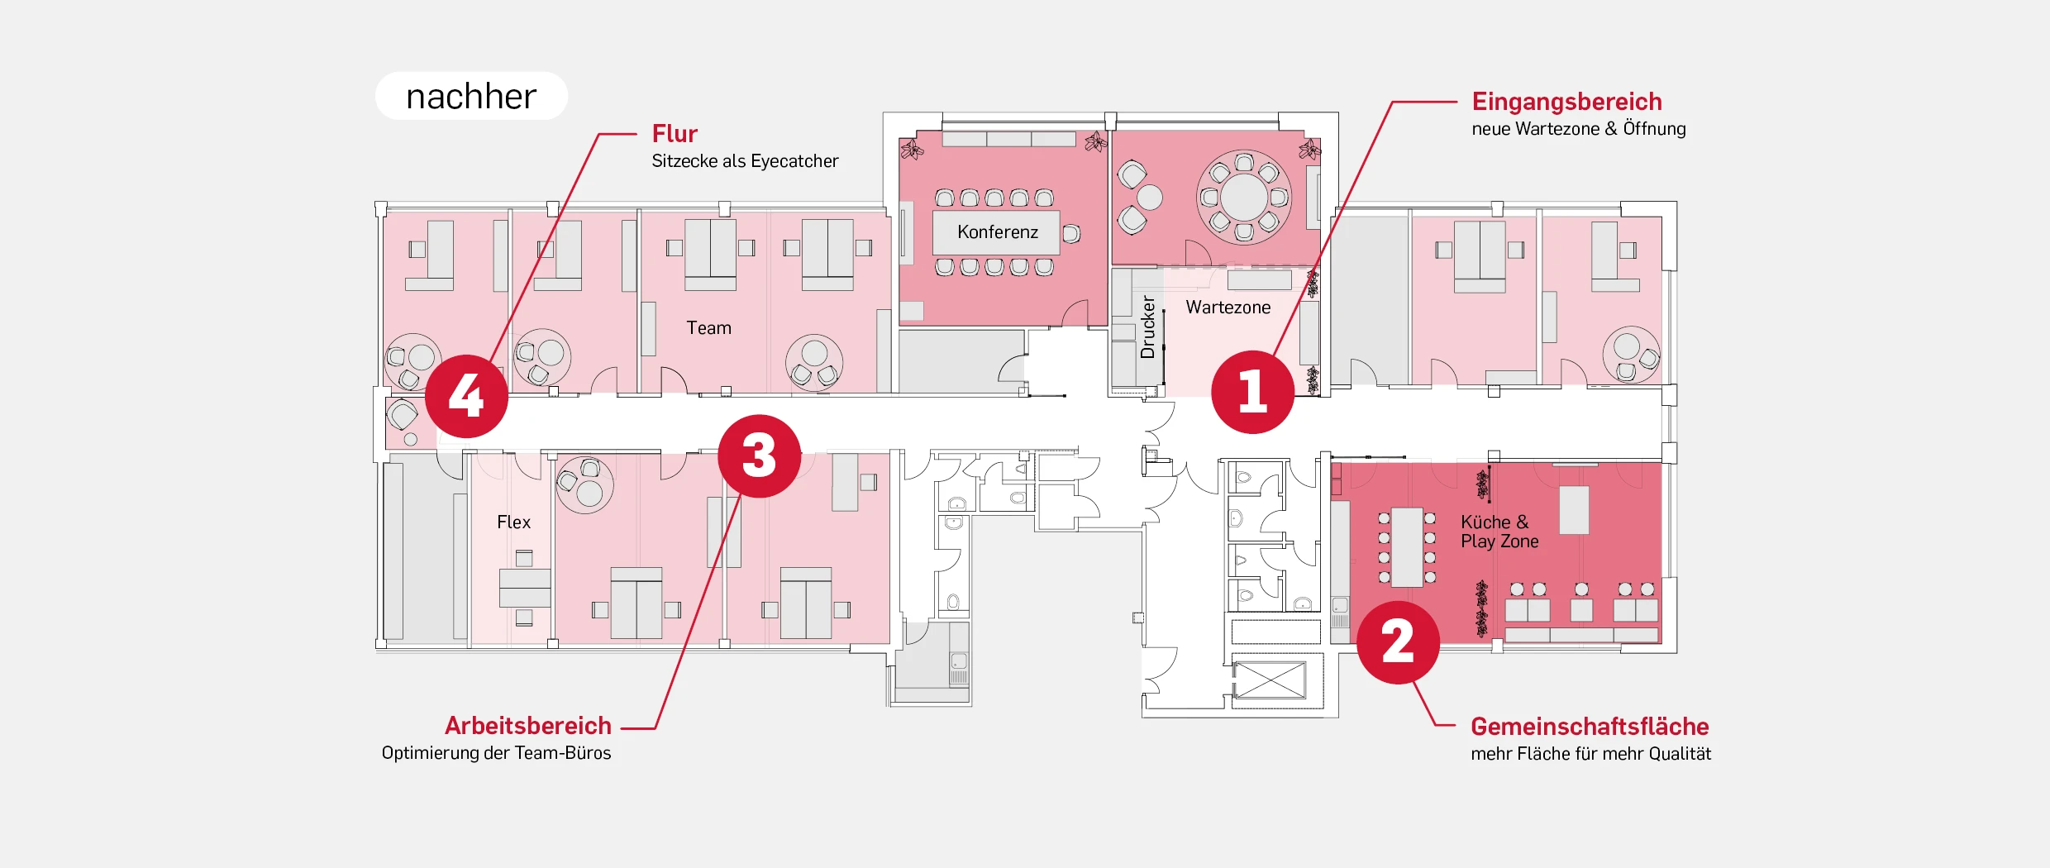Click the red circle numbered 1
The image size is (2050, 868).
pyautogui.click(x=1252, y=392)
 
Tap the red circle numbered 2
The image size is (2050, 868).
pyautogui.click(x=1398, y=642)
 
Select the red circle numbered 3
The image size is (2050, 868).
pyautogui.click(x=759, y=456)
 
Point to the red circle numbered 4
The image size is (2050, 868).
pyautogui.click(x=466, y=396)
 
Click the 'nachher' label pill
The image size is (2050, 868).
pyautogui.click(x=471, y=96)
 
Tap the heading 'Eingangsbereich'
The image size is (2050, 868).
pyautogui.click(x=1566, y=102)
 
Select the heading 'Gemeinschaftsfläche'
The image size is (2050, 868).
pyautogui.click(x=1589, y=727)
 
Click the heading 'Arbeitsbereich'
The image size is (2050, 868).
pyautogui.click(x=528, y=726)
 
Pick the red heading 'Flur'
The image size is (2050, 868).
pyautogui.click(x=675, y=134)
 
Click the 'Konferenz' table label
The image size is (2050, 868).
pyautogui.click(x=997, y=232)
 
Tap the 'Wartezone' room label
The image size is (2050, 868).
pyautogui.click(x=1228, y=308)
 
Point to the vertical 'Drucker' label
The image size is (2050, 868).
pyautogui.click(x=1147, y=327)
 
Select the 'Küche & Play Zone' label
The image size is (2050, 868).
pyautogui.click(x=1499, y=532)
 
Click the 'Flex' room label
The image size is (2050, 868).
pyautogui.click(x=513, y=522)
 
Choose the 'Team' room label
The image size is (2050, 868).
pyautogui.click(x=708, y=328)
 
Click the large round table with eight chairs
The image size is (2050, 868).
pyautogui.click(x=1243, y=197)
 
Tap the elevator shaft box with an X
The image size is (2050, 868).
pyautogui.click(x=1269, y=680)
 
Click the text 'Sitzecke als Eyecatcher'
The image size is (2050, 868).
pyautogui.click(x=744, y=161)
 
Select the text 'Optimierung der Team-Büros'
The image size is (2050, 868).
pyautogui.click(x=496, y=753)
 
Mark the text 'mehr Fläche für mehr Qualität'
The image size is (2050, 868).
pyautogui.click(x=1590, y=754)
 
